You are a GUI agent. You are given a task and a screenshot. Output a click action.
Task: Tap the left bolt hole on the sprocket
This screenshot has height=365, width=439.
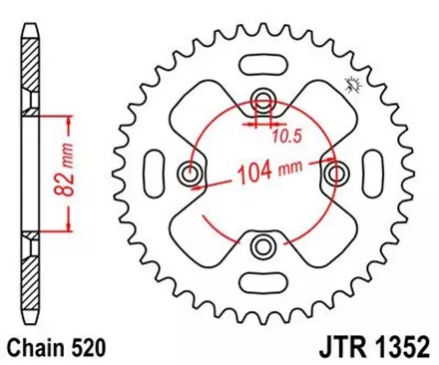tap(190, 173)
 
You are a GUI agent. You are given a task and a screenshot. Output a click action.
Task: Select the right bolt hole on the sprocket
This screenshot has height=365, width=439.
tap(335, 173)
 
